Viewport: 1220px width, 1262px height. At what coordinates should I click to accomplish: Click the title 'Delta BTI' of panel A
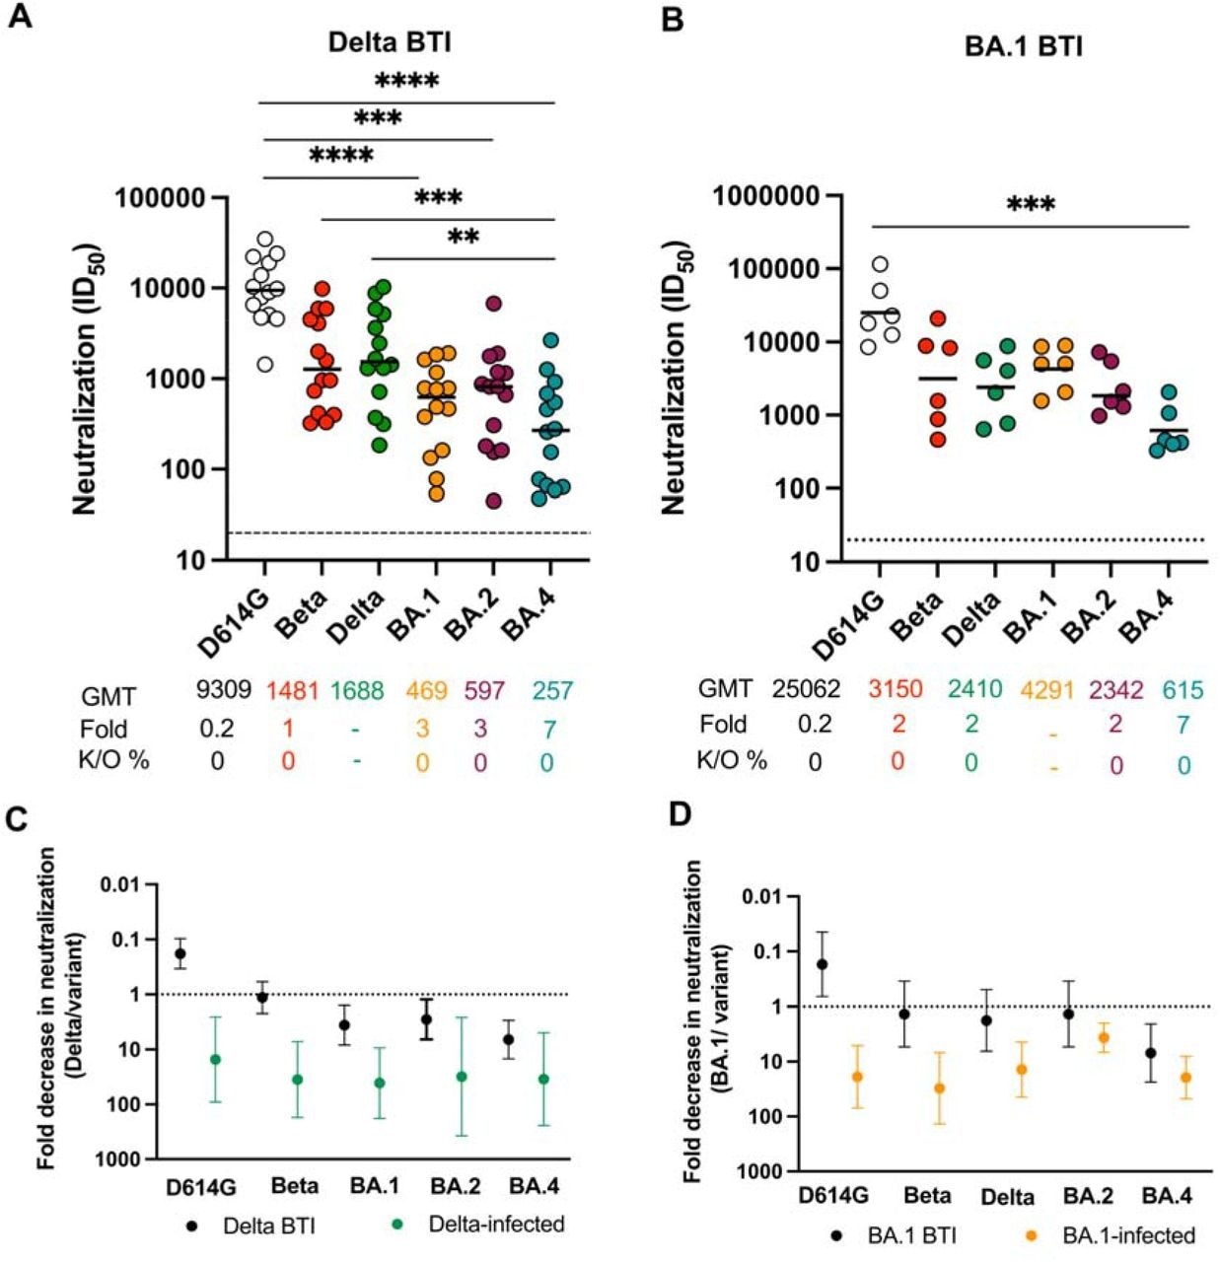(390, 41)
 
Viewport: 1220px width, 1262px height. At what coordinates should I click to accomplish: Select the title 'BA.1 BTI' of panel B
(1023, 45)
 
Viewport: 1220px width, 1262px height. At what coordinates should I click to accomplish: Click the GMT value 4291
(1046, 688)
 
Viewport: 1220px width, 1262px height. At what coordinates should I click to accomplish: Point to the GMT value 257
(552, 690)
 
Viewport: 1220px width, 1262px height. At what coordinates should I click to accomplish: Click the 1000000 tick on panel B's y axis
(766, 196)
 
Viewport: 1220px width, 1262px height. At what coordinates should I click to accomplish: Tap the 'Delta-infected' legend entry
(496, 1225)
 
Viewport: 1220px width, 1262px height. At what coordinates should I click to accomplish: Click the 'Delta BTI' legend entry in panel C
(268, 1226)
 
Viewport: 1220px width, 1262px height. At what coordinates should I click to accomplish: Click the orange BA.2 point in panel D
(1104, 1037)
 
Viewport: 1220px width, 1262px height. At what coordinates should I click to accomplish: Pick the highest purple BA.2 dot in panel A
(493, 304)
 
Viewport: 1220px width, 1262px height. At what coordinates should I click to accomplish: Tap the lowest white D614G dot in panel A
(264, 364)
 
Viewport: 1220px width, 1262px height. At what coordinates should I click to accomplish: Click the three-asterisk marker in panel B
(1031, 206)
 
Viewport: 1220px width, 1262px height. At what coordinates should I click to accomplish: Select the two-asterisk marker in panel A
(464, 238)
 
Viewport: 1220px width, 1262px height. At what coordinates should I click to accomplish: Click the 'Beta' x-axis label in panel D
(927, 1196)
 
